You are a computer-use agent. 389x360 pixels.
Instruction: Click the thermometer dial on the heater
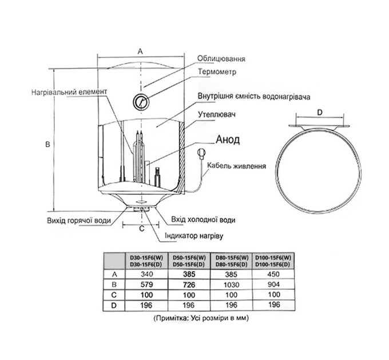141,102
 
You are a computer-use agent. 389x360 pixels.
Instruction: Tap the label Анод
228,140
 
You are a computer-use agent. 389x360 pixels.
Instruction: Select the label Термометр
217,72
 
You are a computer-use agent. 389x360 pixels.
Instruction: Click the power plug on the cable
201,154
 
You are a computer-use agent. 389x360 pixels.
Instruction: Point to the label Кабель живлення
237,166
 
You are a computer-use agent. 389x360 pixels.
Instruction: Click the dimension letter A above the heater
140,51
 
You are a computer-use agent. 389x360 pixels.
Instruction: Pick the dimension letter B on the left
48,144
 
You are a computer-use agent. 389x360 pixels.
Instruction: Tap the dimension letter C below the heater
142,229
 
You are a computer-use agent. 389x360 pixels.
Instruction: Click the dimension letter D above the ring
320,113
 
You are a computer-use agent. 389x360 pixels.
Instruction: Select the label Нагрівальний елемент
69,92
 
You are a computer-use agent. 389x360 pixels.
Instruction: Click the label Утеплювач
217,114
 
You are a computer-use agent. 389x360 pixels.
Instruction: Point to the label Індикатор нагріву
194,235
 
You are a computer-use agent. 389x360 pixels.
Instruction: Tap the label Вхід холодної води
203,220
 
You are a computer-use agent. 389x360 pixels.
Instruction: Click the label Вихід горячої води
79,221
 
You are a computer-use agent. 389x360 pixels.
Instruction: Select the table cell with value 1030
231,285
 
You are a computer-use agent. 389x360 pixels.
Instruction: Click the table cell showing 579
146,285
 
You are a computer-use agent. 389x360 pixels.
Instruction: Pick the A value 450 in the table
273,274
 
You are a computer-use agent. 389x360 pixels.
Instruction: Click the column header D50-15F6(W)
189,257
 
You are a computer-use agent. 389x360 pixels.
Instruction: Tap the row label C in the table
114,295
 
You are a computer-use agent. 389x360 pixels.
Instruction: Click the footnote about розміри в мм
201,318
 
